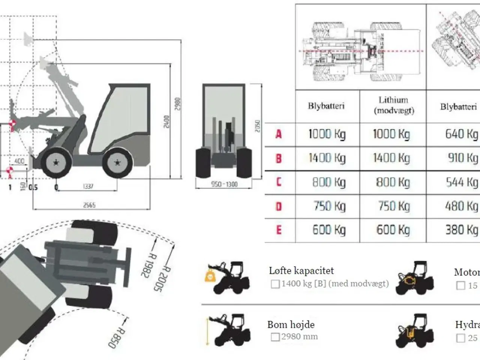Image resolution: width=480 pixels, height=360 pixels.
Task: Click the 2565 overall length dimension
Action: pyautogui.click(x=89, y=205)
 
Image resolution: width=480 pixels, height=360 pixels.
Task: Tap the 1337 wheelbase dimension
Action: pyautogui.click(x=88, y=186)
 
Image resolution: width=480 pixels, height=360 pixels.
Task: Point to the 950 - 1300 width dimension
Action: pyautogui.click(x=224, y=184)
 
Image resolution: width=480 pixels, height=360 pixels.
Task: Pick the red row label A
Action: pyautogui.click(x=278, y=134)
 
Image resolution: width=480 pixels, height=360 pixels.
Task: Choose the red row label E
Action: pyautogui.click(x=279, y=229)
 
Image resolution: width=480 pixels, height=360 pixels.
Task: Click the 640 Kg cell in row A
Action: pyautogui.click(x=461, y=134)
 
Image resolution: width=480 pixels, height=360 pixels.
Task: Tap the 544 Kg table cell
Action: pyautogui.click(x=461, y=182)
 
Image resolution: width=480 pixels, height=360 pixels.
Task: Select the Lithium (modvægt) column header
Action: pyautogui.click(x=393, y=105)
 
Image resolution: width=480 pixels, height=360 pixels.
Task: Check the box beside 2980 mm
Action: pyautogui.click(x=275, y=337)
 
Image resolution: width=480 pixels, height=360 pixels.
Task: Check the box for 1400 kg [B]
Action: pyautogui.click(x=275, y=284)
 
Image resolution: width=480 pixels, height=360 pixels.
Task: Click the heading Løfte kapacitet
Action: pyautogui.click(x=301, y=271)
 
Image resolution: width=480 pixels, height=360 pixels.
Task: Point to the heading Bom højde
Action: pyautogui.click(x=291, y=325)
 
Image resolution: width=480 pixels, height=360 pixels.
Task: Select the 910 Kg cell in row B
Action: pyautogui.click(x=462, y=158)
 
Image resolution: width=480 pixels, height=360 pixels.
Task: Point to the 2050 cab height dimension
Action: pyautogui.click(x=257, y=126)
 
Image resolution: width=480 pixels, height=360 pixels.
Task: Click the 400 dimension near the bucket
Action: pyautogui.click(x=19, y=161)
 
